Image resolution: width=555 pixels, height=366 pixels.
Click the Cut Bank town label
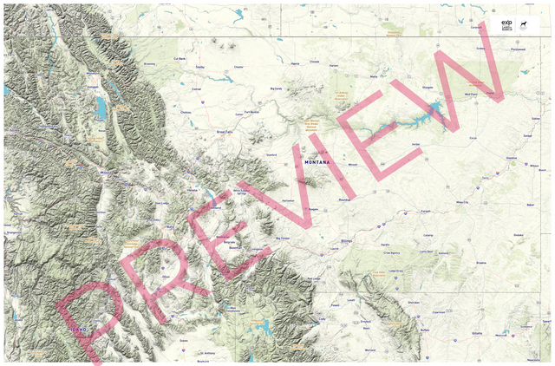pos(181,58)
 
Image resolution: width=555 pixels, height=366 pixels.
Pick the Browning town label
pos(148,63)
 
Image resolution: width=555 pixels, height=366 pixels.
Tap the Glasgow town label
pos(426,88)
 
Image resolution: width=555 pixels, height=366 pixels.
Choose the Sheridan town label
pos(414,303)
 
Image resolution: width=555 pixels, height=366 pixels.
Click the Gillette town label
pos(477,333)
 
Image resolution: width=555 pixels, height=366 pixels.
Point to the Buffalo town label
pos(424,330)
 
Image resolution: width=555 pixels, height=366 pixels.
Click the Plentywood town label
pos(519,49)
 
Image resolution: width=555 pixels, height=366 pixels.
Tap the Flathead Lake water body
pos(101,108)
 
